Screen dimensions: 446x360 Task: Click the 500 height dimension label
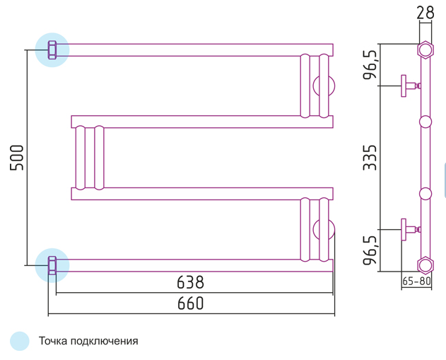coord(16,158)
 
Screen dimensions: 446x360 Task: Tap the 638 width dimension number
coord(190,282)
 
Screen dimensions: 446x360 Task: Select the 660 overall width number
coord(190,303)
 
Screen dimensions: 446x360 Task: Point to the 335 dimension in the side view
coord(370,158)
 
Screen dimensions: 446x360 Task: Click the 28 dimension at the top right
coord(426,13)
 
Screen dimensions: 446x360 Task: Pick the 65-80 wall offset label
coord(417,281)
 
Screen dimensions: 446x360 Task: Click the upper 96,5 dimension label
coord(370,64)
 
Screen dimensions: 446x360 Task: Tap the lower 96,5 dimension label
coord(370,250)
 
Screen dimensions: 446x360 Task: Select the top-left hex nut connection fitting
coord(52,50)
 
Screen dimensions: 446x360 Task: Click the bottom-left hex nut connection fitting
coord(52,265)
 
